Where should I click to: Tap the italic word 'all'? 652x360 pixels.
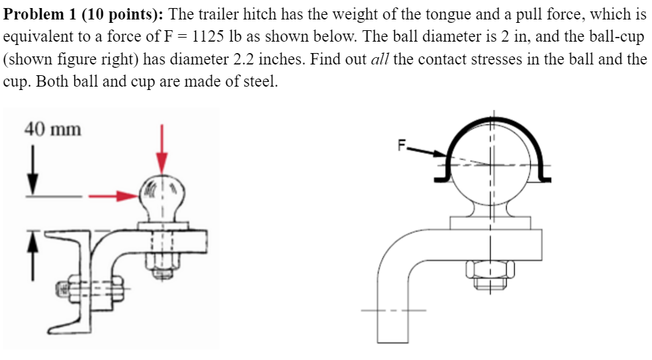pos(380,59)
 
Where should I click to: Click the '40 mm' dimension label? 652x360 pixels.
pos(52,128)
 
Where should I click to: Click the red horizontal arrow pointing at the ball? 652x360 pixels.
pos(111,196)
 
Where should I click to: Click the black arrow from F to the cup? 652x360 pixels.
pos(427,151)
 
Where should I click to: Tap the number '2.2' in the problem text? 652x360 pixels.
pos(244,59)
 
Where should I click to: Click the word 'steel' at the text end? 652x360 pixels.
pos(259,82)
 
